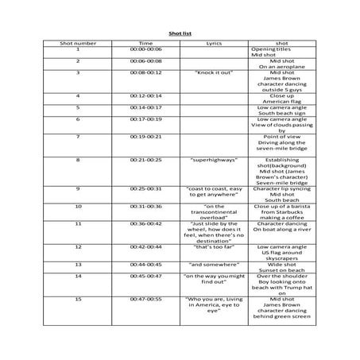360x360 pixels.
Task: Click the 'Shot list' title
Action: coord(180,34)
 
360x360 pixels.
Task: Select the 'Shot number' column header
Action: coord(78,43)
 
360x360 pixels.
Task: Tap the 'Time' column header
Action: coord(146,43)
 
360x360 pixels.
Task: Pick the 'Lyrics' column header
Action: coord(214,43)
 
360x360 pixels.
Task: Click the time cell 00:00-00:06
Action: coord(146,49)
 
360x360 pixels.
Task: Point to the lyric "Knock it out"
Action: coord(214,72)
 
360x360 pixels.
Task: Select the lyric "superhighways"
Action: coord(214,159)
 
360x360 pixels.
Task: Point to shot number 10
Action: coord(78,206)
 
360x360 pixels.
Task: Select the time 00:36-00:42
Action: coord(146,223)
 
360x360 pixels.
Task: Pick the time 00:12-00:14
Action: coord(146,95)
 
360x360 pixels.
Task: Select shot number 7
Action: coord(78,136)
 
